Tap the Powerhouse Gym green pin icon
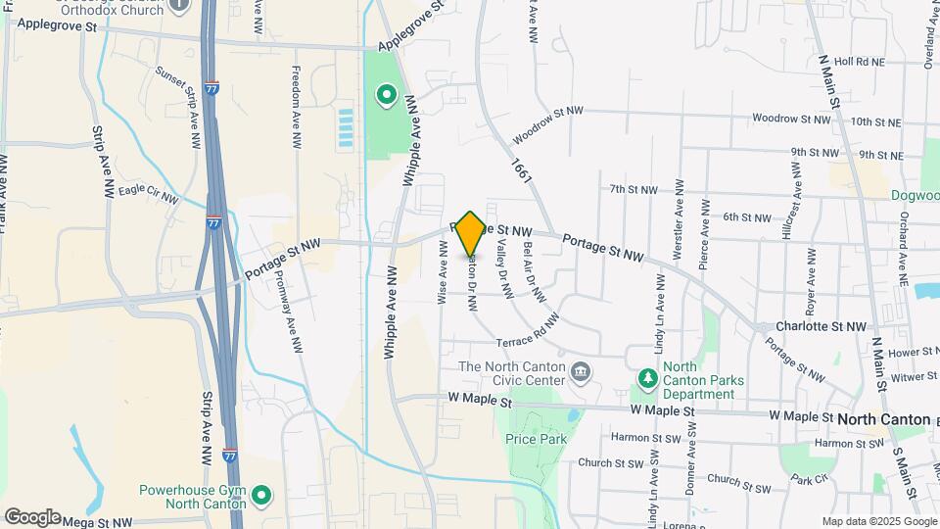[261, 495]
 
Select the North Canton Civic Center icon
[581, 372]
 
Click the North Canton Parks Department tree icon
[646, 377]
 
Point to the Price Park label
[536, 440]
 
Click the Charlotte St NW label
[822, 326]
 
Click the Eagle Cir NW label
[148, 192]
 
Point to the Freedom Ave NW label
[297, 108]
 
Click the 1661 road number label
[519, 169]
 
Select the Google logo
[31, 516]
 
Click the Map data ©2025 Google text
[878, 521]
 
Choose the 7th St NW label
[631, 189]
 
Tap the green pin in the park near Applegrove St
[387, 95]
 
